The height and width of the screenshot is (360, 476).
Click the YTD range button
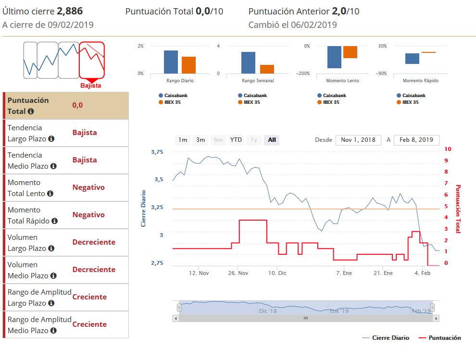[236, 140]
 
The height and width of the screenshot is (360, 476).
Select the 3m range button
[200, 140]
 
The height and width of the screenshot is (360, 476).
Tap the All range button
[272, 140]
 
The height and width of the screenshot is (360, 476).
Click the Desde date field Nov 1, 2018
[358, 140]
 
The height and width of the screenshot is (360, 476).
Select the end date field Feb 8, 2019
[416, 140]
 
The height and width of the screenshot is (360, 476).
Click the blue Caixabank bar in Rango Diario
[171, 62]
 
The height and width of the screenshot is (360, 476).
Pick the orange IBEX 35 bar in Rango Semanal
[267, 69]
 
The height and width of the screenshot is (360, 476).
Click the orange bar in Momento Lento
[350, 52]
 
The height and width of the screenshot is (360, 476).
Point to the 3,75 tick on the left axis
[157, 152]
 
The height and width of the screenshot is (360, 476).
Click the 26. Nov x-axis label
[238, 273]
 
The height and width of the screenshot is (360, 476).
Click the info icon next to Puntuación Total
[31, 112]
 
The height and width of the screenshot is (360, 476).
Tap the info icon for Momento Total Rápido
[54, 221]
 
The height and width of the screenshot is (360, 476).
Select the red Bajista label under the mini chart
[90, 86]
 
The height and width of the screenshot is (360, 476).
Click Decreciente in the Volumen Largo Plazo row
[94, 242]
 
